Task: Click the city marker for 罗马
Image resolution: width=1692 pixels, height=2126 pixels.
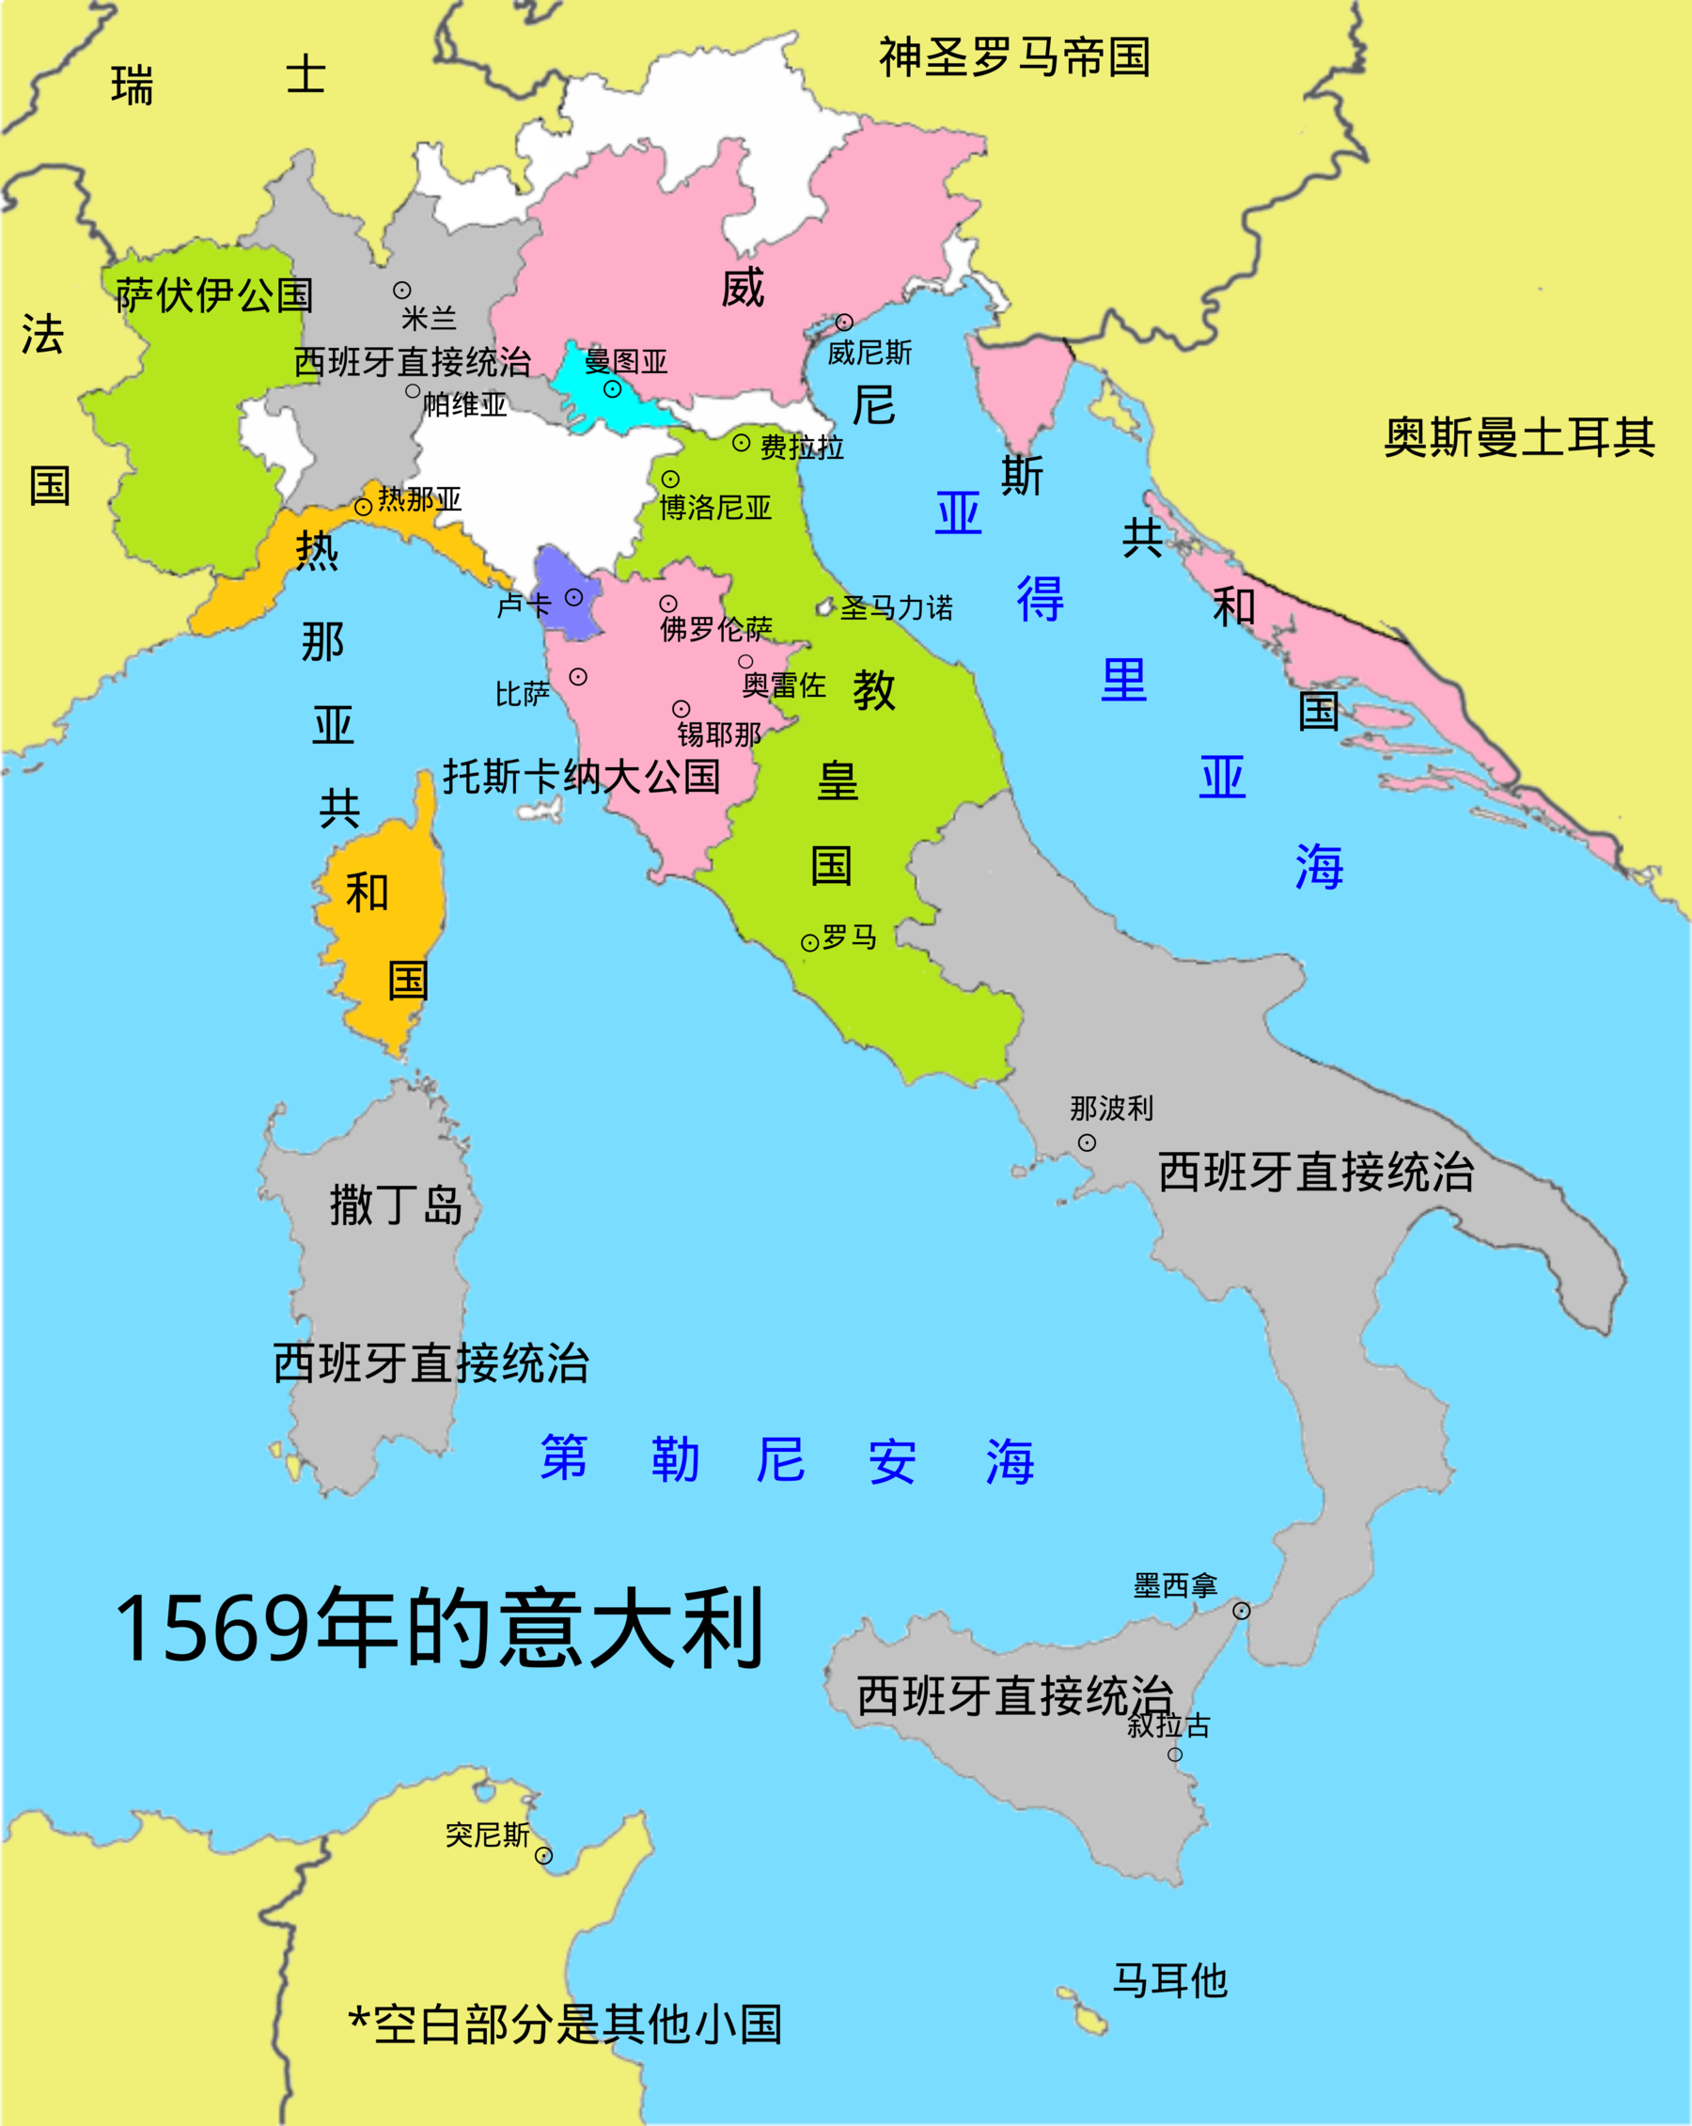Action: click(x=809, y=943)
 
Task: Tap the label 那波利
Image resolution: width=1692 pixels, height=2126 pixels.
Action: click(x=1111, y=1109)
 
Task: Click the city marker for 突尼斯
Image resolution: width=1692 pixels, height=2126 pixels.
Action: click(x=543, y=1856)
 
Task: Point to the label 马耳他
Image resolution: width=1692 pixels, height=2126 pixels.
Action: click(x=1169, y=1980)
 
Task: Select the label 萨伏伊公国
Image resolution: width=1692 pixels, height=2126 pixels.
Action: click(x=214, y=295)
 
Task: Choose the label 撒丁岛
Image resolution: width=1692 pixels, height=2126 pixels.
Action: click(x=396, y=1205)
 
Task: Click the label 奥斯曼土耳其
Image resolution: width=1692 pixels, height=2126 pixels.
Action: click(x=1518, y=437)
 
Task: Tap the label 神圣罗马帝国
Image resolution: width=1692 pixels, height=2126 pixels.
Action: click(x=1014, y=57)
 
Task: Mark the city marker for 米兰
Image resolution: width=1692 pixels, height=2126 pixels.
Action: click(x=402, y=290)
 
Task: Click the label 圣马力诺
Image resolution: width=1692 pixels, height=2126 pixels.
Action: click(x=896, y=607)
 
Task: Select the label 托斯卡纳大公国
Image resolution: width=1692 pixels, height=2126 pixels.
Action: click(x=581, y=776)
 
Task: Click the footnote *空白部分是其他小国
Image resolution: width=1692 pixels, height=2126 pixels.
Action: click(x=565, y=2024)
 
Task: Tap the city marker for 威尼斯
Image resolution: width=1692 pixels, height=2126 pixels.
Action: click(x=844, y=323)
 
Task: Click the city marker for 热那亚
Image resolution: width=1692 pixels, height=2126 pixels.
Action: click(x=363, y=507)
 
